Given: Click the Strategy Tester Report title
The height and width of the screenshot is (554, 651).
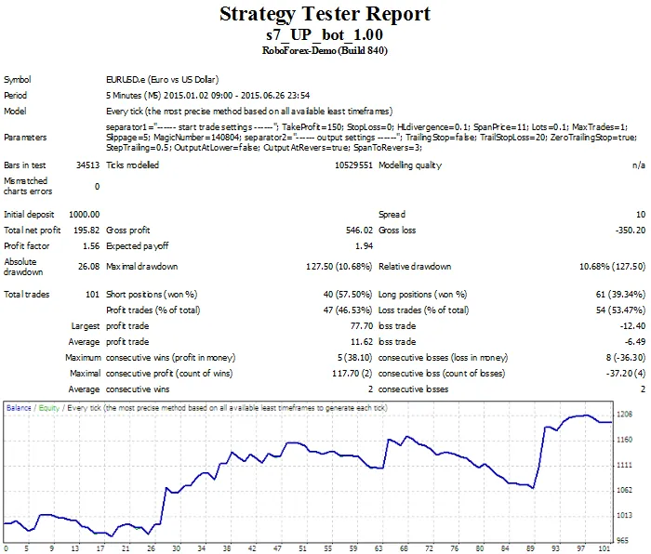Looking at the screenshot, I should point(325,14).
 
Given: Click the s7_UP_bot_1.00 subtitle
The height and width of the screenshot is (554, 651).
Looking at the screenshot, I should point(325,33).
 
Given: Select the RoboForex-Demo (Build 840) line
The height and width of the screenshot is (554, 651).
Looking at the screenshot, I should point(325,50).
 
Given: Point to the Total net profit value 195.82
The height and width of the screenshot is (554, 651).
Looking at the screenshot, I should point(87,230).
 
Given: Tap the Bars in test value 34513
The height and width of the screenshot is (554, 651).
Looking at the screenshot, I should point(87,165).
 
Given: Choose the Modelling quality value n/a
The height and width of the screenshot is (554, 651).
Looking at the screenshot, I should point(638,165).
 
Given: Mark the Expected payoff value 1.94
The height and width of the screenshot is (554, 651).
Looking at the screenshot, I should point(364,246).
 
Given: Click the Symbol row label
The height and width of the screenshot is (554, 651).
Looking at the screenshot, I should point(17,80).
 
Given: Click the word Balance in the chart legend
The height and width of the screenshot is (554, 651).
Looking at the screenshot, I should point(19,407).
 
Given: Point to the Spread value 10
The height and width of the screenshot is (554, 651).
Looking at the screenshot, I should point(640,214).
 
